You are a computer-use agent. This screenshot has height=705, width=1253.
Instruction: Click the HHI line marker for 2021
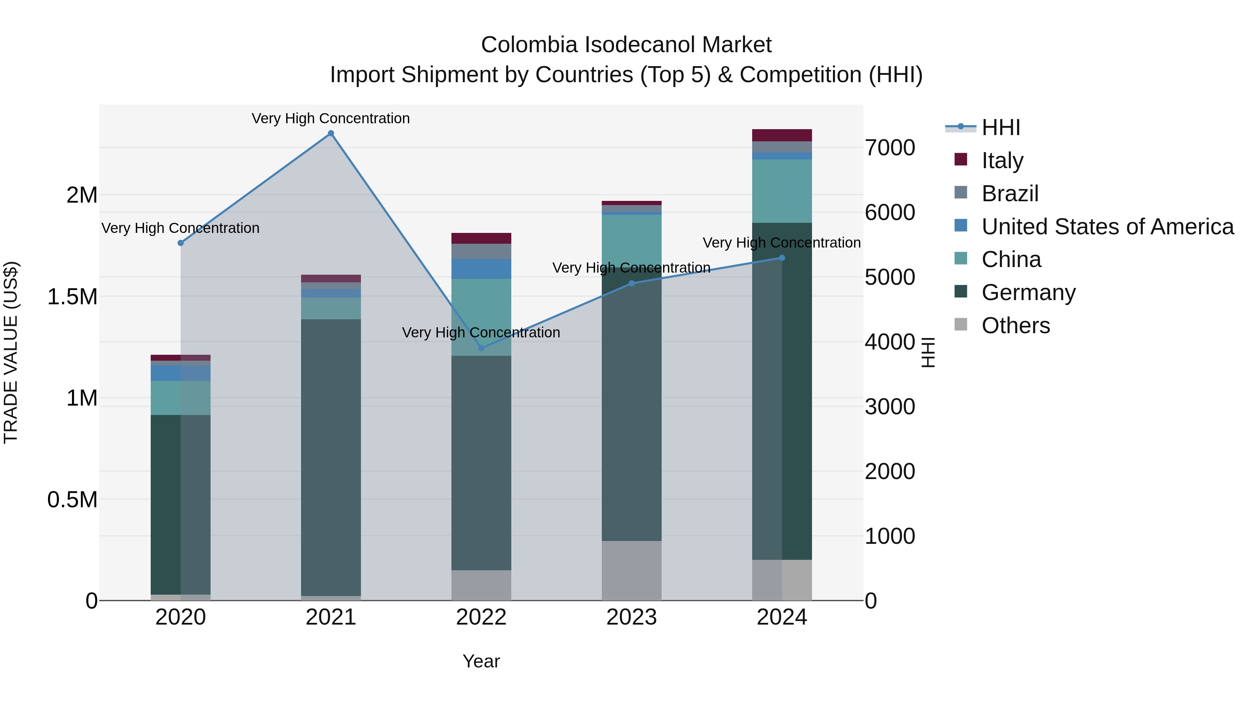click(331, 133)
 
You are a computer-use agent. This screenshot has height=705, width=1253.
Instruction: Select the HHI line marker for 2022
click(481, 348)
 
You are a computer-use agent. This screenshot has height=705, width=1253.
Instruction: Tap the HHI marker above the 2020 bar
click(180, 243)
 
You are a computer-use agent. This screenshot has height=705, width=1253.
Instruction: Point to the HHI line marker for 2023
click(631, 283)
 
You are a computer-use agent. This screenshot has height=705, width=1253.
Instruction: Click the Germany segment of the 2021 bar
click(331, 457)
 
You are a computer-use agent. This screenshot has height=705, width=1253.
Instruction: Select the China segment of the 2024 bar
click(782, 191)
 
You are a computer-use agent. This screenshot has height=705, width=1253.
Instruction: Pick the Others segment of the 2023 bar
click(631, 570)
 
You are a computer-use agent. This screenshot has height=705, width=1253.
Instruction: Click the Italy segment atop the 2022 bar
click(481, 238)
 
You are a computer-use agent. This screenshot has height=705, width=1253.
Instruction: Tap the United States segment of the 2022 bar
click(481, 269)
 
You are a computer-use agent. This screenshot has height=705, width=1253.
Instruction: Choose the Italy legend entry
click(1002, 160)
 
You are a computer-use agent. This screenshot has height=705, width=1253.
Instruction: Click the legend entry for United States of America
click(1107, 227)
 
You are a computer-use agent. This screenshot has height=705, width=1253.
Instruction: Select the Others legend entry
click(1015, 326)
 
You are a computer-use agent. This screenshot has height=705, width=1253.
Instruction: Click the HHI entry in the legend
click(1001, 127)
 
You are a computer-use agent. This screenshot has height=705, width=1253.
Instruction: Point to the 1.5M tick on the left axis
click(72, 296)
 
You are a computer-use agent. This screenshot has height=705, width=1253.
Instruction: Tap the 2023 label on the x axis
click(631, 617)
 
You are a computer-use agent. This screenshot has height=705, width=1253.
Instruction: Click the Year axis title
click(481, 661)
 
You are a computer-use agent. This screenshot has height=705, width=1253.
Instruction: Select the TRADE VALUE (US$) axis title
click(11, 352)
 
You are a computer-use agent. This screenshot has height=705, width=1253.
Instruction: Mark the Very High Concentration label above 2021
click(331, 118)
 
